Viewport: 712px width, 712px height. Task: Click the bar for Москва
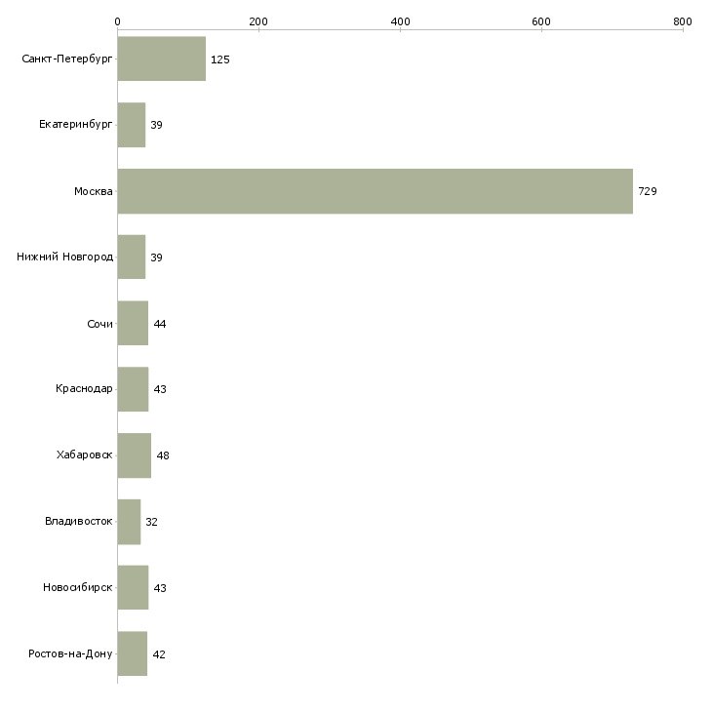[x=375, y=191]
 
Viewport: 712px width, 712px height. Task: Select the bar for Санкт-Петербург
[x=161, y=59]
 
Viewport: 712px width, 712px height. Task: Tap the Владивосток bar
[x=129, y=522]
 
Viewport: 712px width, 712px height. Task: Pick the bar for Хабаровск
[x=134, y=455]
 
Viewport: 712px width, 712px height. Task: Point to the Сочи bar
[x=133, y=324]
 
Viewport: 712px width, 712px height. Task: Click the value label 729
[x=648, y=191]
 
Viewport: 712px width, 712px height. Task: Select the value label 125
[x=220, y=59]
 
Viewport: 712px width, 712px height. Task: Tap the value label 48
[x=163, y=455]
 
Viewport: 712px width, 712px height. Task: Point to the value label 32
[x=152, y=522]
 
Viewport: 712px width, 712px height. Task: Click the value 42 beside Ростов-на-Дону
[x=159, y=654]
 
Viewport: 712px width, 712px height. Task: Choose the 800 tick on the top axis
[x=683, y=21]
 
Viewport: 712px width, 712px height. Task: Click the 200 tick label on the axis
[x=258, y=21]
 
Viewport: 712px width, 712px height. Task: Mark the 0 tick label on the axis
[x=117, y=21]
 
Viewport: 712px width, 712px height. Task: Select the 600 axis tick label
[x=541, y=21]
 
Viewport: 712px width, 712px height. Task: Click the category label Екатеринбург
[x=76, y=125]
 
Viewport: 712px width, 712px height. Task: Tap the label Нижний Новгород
[x=65, y=257]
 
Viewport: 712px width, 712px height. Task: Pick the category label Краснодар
[x=84, y=389]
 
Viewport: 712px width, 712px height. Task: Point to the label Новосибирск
[x=78, y=588]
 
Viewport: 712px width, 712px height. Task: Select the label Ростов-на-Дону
[x=71, y=653]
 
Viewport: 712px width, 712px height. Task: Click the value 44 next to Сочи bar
[x=160, y=324]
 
